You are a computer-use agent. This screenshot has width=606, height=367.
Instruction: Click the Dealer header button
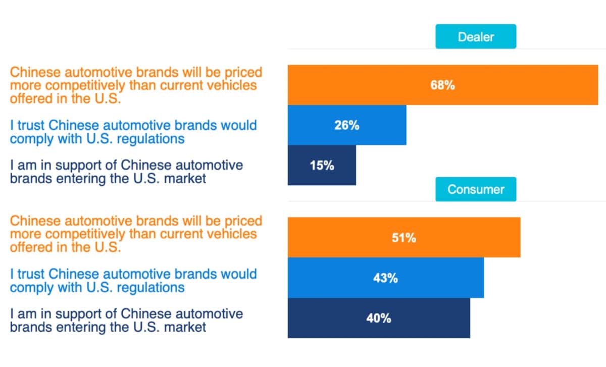(x=476, y=37)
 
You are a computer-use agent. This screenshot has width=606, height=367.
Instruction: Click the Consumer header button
(x=476, y=189)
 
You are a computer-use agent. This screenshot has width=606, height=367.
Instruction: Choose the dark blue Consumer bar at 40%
(x=429, y=318)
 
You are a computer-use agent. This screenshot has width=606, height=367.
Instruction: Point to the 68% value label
(x=442, y=85)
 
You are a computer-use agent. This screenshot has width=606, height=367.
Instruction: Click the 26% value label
(x=346, y=125)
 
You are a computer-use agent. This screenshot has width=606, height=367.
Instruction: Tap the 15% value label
(x=322, y=165)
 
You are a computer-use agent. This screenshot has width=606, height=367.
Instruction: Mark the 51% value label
(x=403, y=238)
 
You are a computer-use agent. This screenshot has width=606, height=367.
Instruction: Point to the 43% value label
(x=385, y=278)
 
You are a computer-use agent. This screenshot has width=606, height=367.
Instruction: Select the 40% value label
(x=378, y=318)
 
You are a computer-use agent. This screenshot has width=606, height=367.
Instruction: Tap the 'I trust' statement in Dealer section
(x=133, y=131)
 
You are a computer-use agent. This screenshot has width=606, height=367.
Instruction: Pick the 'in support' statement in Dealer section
(x=126, y=172)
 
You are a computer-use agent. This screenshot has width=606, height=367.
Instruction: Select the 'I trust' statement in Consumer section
(x=133, y=281)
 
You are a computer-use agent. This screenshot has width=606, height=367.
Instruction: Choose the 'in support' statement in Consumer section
(x=126, y=321)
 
